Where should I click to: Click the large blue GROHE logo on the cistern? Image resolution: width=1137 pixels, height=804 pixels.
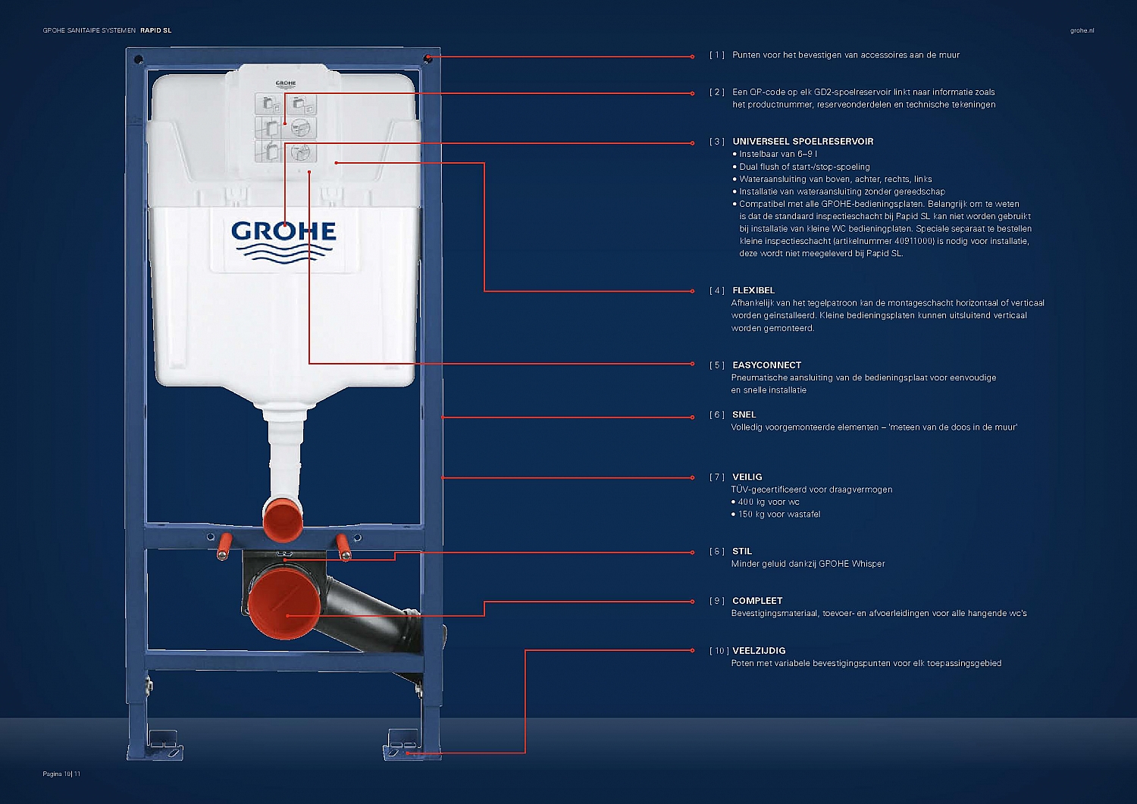283,242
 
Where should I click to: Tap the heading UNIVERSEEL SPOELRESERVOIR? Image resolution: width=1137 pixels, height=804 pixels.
803,142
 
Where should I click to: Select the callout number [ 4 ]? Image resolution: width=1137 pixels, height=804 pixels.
717,290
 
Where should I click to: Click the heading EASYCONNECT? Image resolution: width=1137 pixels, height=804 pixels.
766,365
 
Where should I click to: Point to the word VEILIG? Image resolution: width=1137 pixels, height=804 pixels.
747,477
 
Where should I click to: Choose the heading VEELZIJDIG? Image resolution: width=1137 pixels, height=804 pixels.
758,651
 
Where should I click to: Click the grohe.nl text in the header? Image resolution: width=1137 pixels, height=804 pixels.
1082,30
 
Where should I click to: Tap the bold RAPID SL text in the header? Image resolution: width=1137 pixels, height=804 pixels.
156,30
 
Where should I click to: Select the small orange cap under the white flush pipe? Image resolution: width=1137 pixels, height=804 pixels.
283,520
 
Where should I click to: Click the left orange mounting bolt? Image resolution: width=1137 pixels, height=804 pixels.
224,547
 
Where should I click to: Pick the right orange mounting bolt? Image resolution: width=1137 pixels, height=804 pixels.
343,548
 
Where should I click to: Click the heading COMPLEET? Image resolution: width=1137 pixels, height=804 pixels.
756,600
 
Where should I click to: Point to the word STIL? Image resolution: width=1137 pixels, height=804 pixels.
741,551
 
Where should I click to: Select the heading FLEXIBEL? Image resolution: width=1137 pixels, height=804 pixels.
753,290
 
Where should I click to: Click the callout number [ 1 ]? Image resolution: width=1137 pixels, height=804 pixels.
717,55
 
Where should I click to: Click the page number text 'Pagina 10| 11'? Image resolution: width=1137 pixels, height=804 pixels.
61,774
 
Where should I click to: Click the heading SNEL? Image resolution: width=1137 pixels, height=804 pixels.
744,415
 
